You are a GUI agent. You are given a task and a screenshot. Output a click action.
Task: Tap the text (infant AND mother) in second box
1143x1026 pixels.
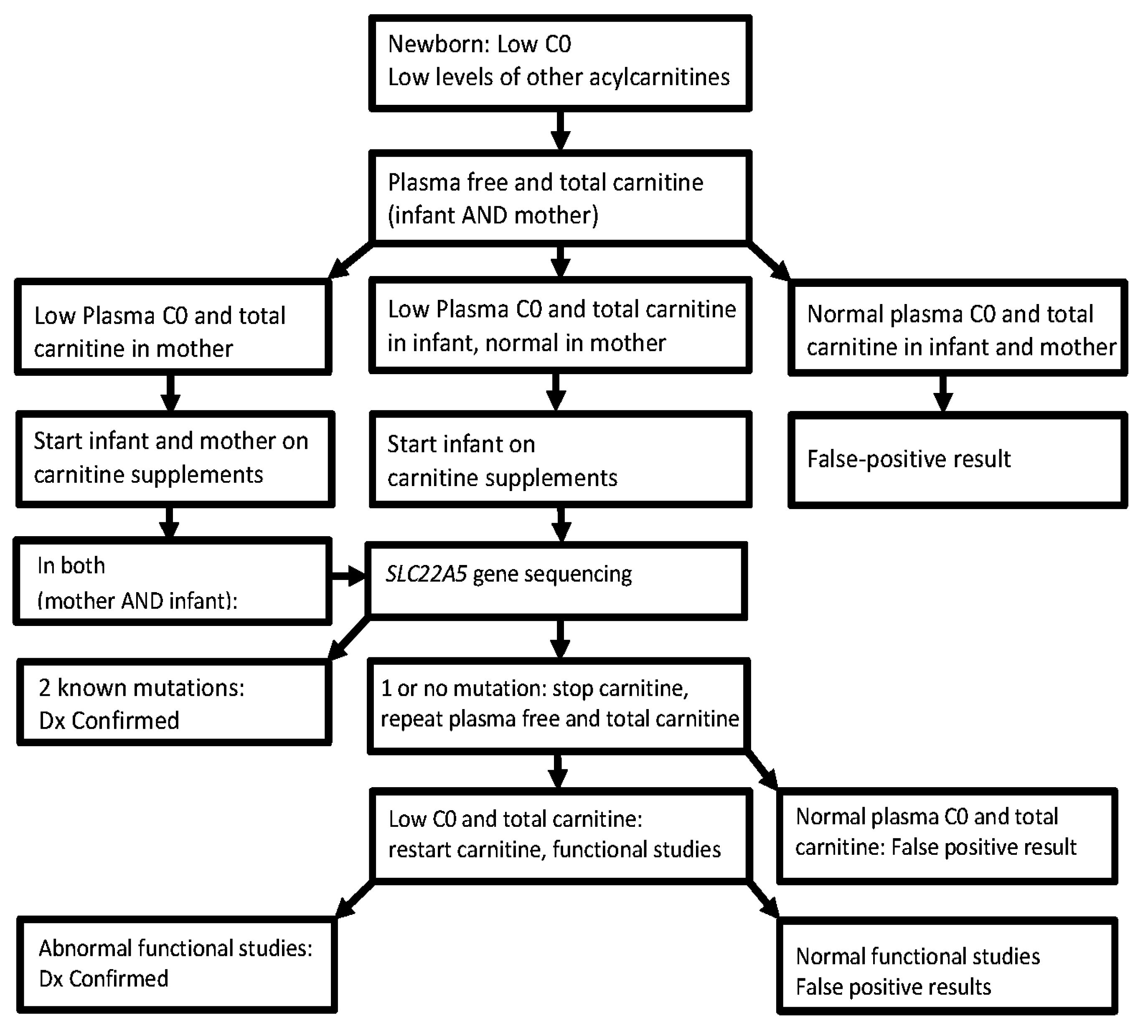coord(492,215)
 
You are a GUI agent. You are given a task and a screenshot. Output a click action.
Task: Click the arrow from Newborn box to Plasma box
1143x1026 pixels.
coord(560,131)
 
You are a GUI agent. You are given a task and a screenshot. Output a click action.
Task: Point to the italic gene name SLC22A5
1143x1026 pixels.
coord(426,574)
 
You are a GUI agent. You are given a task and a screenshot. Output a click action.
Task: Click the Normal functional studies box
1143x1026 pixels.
coord(946,971)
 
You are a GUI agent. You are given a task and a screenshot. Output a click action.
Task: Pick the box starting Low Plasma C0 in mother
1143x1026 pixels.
coord(173,327)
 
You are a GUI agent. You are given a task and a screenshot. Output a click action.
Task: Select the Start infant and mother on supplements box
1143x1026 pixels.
coord(175,459)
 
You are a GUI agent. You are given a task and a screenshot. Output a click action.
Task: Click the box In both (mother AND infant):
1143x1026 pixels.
coord(172,582)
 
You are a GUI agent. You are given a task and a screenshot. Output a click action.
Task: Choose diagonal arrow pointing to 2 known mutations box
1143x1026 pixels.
coord(347,641)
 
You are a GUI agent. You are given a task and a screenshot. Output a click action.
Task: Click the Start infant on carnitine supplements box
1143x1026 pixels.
coord(560,459)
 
